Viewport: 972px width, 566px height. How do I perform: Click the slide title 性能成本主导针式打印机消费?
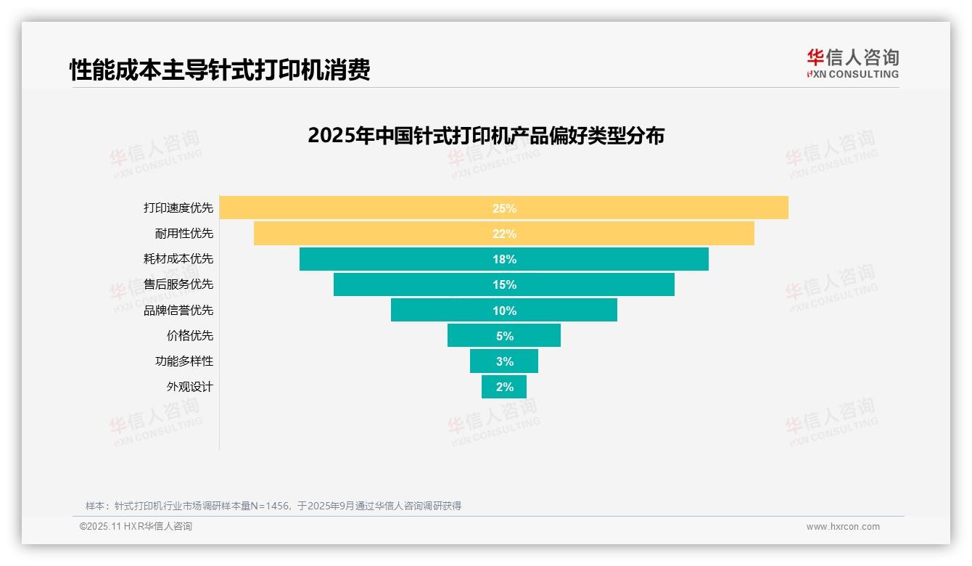pyautogui.click(x=220, y=70)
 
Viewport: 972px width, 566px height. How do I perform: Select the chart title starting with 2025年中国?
pyautogui.click(x=485, y=136)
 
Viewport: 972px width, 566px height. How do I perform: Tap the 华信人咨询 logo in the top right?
pyautogui.click(x=852, y=64)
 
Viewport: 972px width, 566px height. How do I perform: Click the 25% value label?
pyautogui.click(x=504, y=208)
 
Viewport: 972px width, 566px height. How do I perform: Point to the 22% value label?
pyautogui.click(x=504, y=234)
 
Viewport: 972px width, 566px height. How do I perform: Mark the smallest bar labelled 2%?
pyautogui.click(x=504, y=387)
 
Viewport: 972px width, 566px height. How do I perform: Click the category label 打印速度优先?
pyautogui.click(x=178, y=208)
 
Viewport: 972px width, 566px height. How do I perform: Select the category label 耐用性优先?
pyautogui.click(x=184, y=234)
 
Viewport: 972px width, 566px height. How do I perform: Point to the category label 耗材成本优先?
pyautogui.click(x=178, y=259)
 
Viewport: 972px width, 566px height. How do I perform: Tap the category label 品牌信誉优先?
pyautogui.click(x=178, y=310)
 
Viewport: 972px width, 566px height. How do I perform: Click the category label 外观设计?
pyautogui.click(x=190, y=387)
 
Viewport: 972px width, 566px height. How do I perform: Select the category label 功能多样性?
pyautogui.click(x=184, y=361)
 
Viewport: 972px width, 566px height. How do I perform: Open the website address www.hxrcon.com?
pyautogui.click(x=843, y=527)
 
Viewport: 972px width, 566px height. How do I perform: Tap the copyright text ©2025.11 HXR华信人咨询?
pyautogui.click(x=136, y=527)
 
